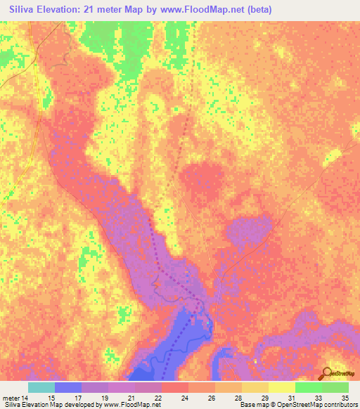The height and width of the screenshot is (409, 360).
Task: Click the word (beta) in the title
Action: coord(255,9)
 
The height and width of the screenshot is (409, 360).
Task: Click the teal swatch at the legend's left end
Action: coord(41,387)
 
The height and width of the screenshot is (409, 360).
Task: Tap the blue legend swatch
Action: coord(68,387)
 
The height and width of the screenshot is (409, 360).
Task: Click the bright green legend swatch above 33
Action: coord(309,387)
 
